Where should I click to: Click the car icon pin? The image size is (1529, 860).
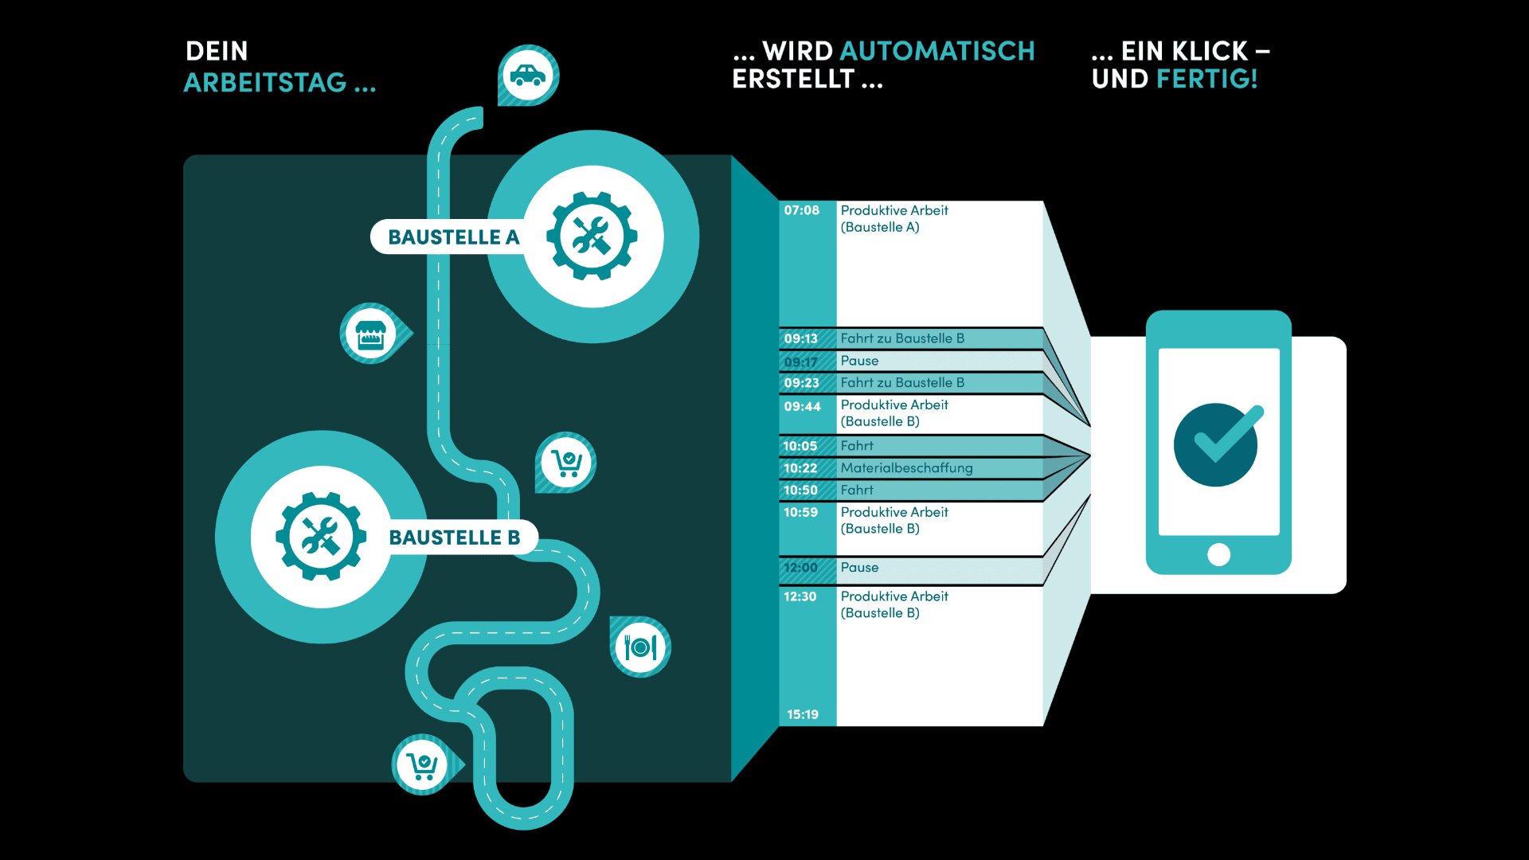[528, 75]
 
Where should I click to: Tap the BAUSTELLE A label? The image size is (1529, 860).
[453, 237]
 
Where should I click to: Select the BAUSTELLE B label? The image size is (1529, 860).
[454, 537]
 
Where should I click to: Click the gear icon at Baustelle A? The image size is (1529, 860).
[592, 236]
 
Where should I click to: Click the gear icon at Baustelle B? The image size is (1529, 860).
[321, 536]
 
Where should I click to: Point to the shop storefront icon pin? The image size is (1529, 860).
[371, 334]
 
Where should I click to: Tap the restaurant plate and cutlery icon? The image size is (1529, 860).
[640, 647]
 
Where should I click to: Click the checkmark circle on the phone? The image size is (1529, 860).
[1216, 444]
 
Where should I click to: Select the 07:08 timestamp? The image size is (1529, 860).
[801, 210]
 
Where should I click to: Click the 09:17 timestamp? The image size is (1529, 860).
[800, 362]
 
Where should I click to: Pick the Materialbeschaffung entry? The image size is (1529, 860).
[906, 468]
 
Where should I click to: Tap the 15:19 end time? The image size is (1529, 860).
[802, 714]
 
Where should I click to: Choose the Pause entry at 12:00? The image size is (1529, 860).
[859, 568]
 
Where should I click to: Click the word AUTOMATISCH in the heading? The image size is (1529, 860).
[937, 51]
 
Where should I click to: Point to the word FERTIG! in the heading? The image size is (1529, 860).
[1206, 79]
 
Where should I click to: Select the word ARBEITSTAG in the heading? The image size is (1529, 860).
[265, 82]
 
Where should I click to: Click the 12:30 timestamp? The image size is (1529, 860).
[800, 596]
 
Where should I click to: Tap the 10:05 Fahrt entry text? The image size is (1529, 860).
[857, 446]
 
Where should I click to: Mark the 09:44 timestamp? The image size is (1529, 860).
[802, 407]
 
